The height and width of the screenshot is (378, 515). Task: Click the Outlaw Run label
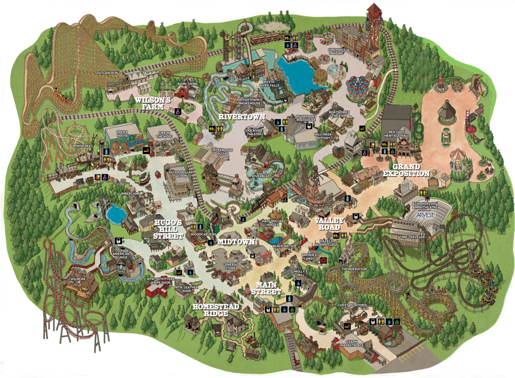[107, 73]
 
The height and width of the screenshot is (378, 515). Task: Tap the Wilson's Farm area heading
[154, 104]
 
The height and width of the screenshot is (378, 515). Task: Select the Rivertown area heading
[235, 118]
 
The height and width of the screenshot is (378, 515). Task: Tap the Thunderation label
[354, 269]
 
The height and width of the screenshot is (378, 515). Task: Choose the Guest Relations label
[352, 305]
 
